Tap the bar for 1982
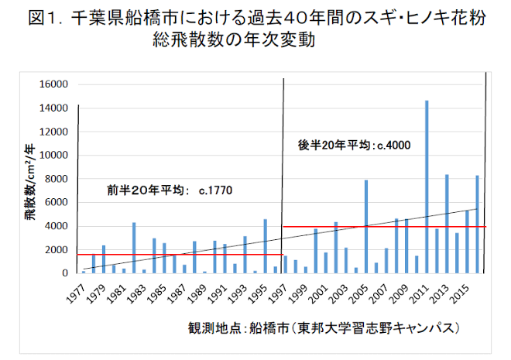[134, 248]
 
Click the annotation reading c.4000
[393, 145]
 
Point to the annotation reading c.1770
[215, 189]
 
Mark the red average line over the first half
[178, 254]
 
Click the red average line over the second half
[383, 227]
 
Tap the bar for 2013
[447, 224]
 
